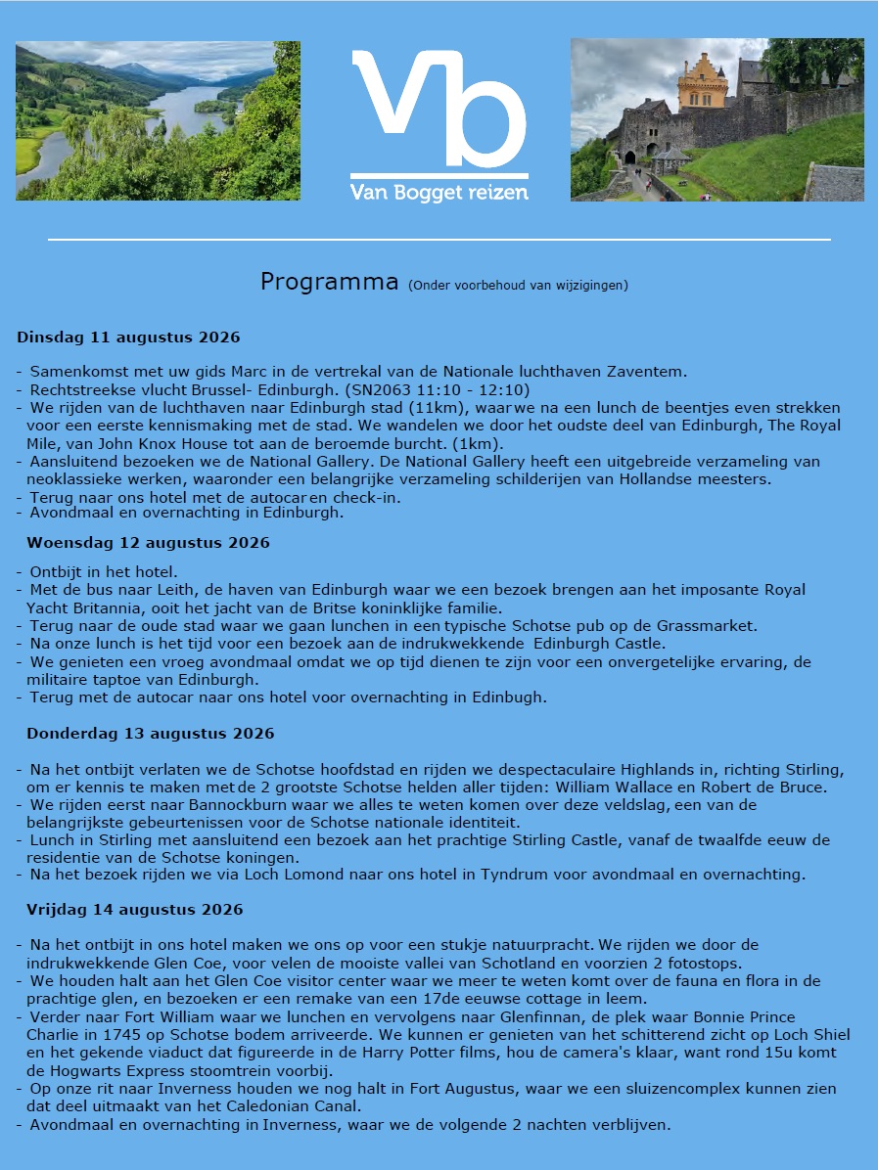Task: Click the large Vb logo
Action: tap(439, 110)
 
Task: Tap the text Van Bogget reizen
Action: tap(439, 192)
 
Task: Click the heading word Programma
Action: tap(330, 282)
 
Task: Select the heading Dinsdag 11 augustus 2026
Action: tap(128, 337)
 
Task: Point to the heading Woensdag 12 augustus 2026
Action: tap(148, 542)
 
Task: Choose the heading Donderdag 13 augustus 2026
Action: tap(150, 733)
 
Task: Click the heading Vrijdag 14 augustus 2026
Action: tap(134, 909)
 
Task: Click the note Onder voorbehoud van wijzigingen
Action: tap(518, 286)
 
